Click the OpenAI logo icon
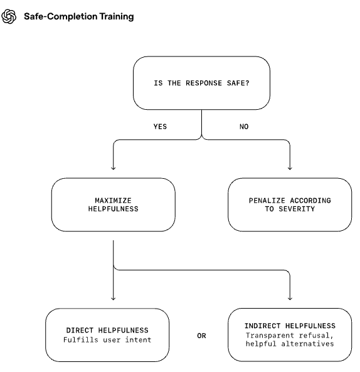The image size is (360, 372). [x=9, y=16]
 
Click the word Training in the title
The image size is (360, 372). [x=117, y=17]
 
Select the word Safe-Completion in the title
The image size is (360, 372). [x=61, y=16]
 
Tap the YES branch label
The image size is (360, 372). [x=160, y=127]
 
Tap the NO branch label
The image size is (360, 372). [x=244, y=127]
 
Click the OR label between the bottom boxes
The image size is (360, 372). [x=201, y=336]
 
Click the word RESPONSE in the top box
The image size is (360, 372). [x=204, y=83]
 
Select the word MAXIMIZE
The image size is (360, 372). [x=113, y=201]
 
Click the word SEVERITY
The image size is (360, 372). [x=297, y=209]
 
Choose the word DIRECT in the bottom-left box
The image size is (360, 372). [x=80, y=330]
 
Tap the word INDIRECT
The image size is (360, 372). [x=263, y=326]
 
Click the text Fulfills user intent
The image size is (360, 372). [x=107, y=340]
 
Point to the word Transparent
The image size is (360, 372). [x=270, y=335]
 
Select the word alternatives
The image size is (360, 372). [x=307, y=344]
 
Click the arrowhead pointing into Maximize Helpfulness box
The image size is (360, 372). [x=114, y=168]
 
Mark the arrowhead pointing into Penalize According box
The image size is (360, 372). [x=290, y=168]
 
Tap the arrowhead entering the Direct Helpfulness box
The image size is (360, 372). [x=114, y=299]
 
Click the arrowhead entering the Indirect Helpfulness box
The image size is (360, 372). [x=290, y=299]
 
